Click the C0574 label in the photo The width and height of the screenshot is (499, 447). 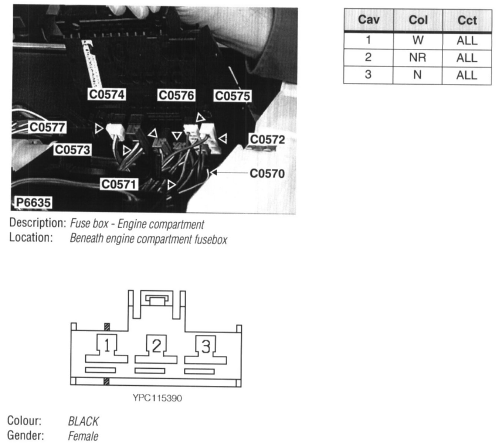(x=107, y=95)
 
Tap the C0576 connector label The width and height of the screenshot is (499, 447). (x=176, y=95)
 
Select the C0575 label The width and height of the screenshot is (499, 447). (x=232, y=96)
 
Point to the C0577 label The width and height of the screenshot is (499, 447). (x=47, y=127)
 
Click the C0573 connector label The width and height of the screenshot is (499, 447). (x=72, y=150)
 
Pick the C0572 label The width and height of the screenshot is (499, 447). (x=267, y=140)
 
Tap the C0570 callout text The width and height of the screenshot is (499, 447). (x=267, y=173)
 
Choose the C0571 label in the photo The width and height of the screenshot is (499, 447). (x=119, y=184)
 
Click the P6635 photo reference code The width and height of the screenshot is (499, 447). (x=33, y=202)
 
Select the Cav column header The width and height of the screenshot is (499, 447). (x=369, y=20)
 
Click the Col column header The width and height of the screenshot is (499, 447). (x=418, y=20)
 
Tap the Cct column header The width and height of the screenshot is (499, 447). (x=467, y=20)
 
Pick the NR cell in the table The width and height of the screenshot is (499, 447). (x=418, y=58)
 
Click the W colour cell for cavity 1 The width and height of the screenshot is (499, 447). (x=418, y=40)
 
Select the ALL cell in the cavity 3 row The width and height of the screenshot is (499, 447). (x=467, y=75)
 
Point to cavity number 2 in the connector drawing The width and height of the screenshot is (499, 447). (x=156, y=346)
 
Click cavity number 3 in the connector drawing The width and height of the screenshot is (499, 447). (x=206, y=346)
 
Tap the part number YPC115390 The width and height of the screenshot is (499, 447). (x=157, y=398)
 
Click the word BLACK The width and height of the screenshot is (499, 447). (x=83, y=421)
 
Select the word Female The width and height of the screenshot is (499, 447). (x=83, y=436)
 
